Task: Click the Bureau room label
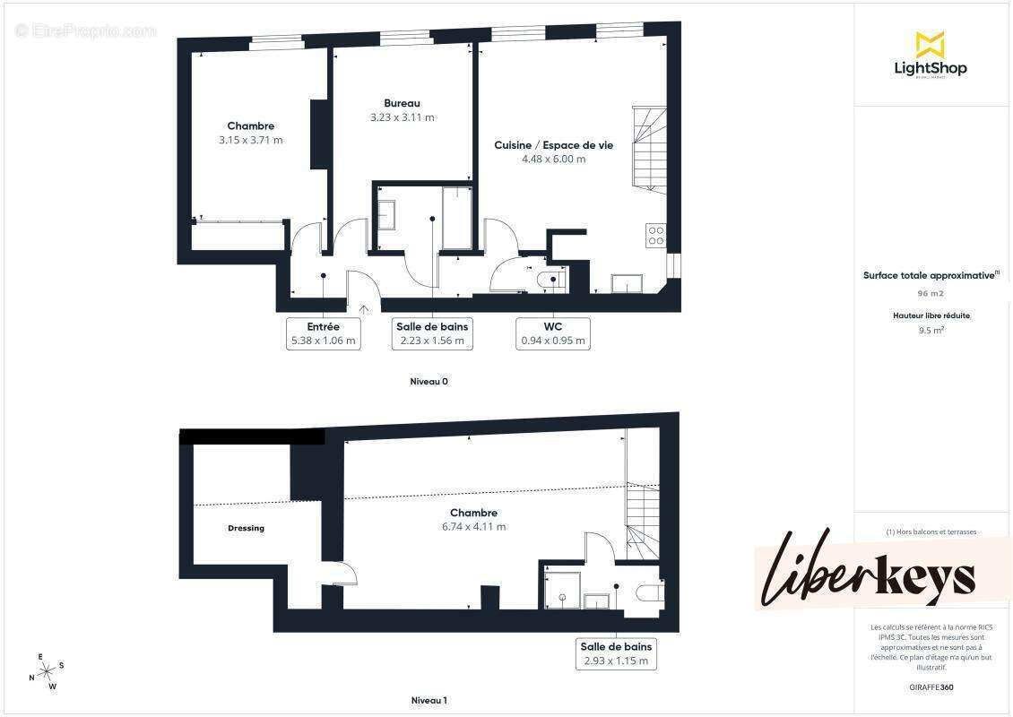pyautogui.click(x=402, y=103)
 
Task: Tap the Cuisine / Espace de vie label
pyautogui.click(x=553, y=145)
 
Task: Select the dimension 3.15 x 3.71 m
pyautogui.click(x=250, y=140)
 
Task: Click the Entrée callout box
pyautogui.click(x=323, y=333)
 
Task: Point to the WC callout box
pyautogui.click(x=553, y=333)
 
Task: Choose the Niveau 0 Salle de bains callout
pyautogui.click(x=431, y=333)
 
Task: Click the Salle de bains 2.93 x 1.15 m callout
pyautogui.click(x=616, y=653)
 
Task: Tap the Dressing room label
pyautogui.click(x=246, y=528)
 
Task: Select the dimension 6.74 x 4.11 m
pyautogui.click(x=473, y=527)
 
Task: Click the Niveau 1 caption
pyautogui.click(x=429, y=700)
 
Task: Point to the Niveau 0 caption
pyautogui.click(x=429, y=381)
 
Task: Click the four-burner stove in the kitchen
pyautogui.click(x=655, y=235)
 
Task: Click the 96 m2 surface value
pyautogui.click(x=930, y=293)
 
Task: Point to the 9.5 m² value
pyautogui.click(x=931, y=329)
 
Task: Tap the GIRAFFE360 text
pyautogui.click(x=931, y=687)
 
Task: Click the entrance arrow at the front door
pyautogui.click(x=363, y=309)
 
